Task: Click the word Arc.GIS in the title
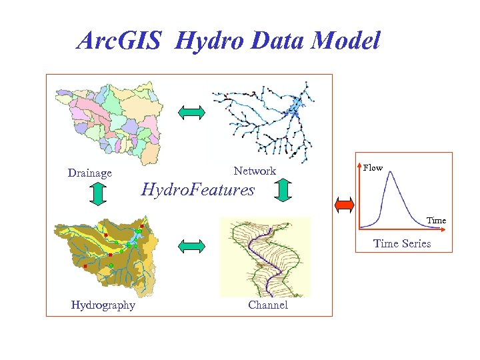[119, 41]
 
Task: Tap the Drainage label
[90, 173]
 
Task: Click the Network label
[254, 171]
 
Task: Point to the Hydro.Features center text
[198, 190]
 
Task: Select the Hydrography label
[103, 305]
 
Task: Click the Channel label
[268, 305]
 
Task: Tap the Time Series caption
[402, 243]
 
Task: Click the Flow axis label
[373, 168]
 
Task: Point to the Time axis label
[436, 221]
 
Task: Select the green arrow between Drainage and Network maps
[192, 113]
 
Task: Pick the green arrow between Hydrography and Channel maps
[192, 246]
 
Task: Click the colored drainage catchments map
[109, 123]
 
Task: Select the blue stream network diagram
[265, 120]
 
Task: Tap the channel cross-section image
[265, 257]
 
